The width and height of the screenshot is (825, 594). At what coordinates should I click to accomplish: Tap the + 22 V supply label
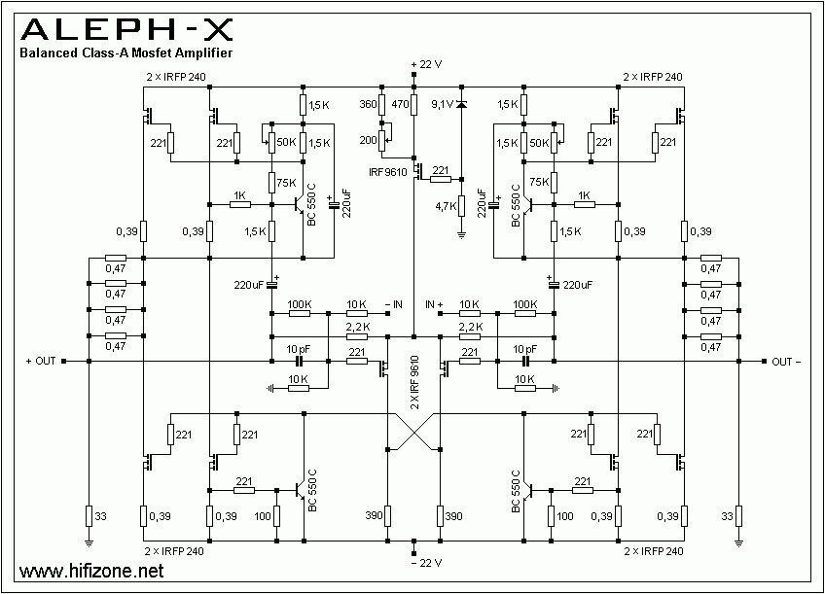[426, 64]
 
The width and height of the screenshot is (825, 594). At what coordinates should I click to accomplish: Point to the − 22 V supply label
[426, 563]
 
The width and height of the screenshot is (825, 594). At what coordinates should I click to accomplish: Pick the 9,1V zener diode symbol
[461, 104]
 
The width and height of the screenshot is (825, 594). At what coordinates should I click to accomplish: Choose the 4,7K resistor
[462, 205]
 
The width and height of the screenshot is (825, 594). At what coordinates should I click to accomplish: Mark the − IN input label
[392, 304]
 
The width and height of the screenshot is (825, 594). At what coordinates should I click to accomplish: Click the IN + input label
[434, 304]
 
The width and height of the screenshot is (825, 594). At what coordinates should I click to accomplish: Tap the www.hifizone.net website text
[85, 571]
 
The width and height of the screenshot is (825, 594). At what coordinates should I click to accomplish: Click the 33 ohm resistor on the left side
[89, 515]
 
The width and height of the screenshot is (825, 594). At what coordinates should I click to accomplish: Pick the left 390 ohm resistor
[387, 515]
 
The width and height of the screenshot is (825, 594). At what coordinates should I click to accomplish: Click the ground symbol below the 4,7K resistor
[462, 233]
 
